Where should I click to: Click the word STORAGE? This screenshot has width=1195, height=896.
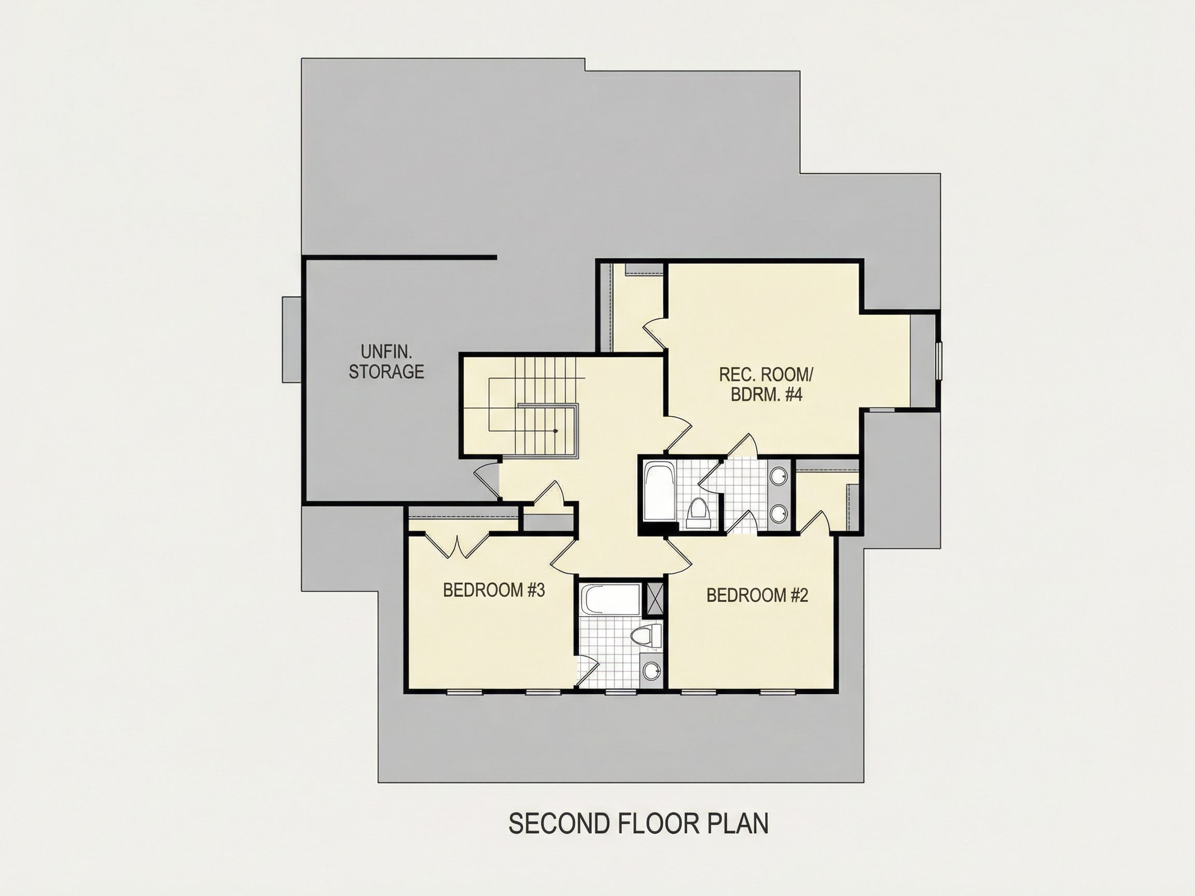coord(386,372)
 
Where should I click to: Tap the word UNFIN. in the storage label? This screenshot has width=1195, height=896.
coord(386,352)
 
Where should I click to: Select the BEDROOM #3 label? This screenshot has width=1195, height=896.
coord(494,590)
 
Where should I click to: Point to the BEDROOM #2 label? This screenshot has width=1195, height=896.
coord(757,595)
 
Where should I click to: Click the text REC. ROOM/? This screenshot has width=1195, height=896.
coord(766,374)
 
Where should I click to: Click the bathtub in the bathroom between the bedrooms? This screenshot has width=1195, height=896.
coord(611,599)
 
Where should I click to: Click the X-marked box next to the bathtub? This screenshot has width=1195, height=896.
coord(655,599)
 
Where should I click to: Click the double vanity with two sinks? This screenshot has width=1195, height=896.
coord(779,495)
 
